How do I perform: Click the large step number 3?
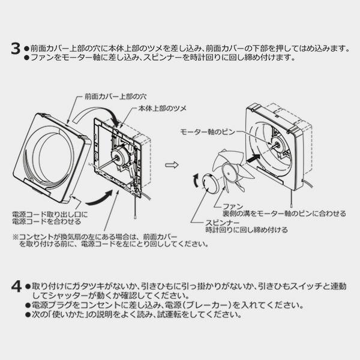(16, 49)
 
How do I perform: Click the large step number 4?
(16, 287)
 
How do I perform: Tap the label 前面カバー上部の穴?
(115, 97)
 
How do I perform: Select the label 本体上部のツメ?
(162, 108)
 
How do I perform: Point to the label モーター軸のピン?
(208, 132)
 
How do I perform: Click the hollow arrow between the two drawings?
(172, 165)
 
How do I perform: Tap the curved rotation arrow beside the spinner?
(196, 181)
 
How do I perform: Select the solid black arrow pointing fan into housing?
(253, 158)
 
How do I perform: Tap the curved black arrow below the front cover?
(100, 198)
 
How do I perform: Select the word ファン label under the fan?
(233, 206)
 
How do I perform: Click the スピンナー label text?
(223, 223)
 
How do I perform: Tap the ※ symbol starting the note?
(16, 237)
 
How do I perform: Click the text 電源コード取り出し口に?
(50, 215)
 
